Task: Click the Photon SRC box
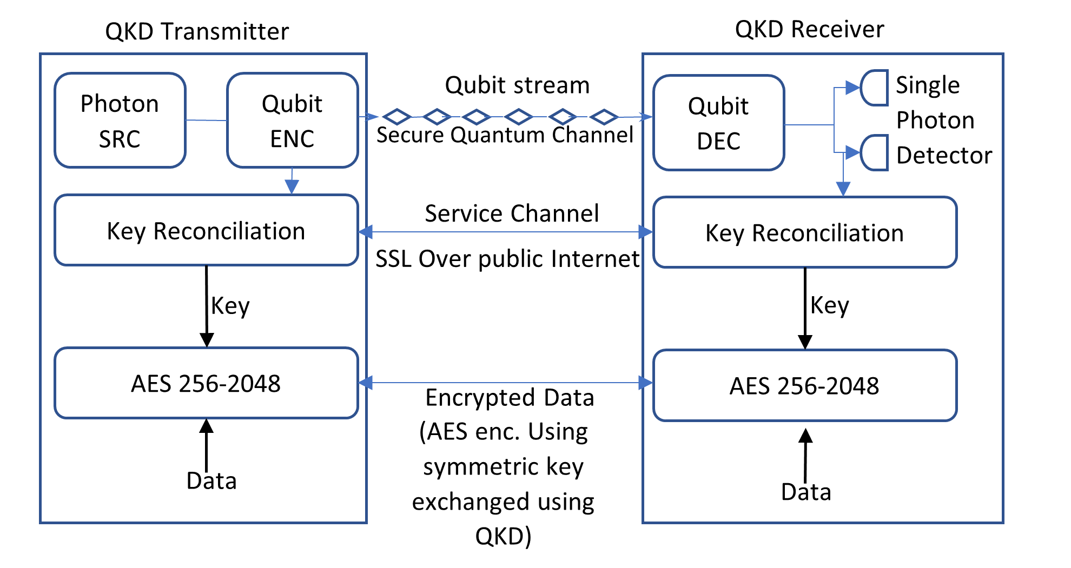[x=120, y=121]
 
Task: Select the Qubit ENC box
[x=292, y=121]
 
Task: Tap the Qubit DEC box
[x=718, y=123]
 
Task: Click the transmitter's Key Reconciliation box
[x=206, y=231]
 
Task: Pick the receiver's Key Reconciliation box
[x=804, y=233]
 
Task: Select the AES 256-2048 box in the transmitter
[x=206, y=383]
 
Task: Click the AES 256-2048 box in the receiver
[x=804, y=385]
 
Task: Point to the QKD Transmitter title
[x=197, y=31]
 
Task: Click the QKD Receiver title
[x=809, y=29]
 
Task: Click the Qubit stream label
[x=517, y=85]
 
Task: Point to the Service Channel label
[x=512, y=213]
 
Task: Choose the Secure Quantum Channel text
[x=505, y=135]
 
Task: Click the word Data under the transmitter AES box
[x=211, y=480]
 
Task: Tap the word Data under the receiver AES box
[x=806, y=492]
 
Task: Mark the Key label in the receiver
[x=829, y=306]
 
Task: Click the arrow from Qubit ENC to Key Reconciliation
[x=292, y=182]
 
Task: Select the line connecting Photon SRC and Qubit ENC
[x=206, y=120]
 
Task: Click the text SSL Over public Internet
[x=507, y=259]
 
